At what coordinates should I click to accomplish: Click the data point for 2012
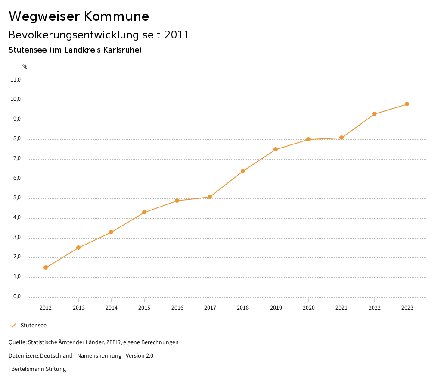pyautogui.click(x=46, y=267)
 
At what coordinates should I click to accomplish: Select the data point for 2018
pyautogui.click(x=243, y=171)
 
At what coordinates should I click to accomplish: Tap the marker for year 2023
pyautogui.click(x=407, y=104)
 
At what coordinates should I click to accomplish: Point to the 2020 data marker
pyautogui.click(x=308, y=139)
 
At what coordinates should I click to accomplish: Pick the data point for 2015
pyautogui.click(x=144, y=212)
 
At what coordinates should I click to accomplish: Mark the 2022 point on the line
pyautogui.click(x=374, y=114)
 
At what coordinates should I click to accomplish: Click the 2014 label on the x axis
pyautogui.click(x=112, y=308)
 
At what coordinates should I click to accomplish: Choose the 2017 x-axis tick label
pyautogui.click(x=210, y=308)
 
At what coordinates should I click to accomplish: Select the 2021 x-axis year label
pyautogui.click(x=342, y=308)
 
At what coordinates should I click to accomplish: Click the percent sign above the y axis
pyautogui.click(x=25, y=67)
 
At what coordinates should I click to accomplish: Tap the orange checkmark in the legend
pyautogui.click(x=13, y=326)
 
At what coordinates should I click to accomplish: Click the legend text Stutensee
pyautogui.click(x=34, y=326)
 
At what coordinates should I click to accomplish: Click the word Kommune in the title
pyautogui.click(x=116, y=16)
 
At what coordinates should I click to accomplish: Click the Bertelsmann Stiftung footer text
pyautogui.click(x=38, y=369)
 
